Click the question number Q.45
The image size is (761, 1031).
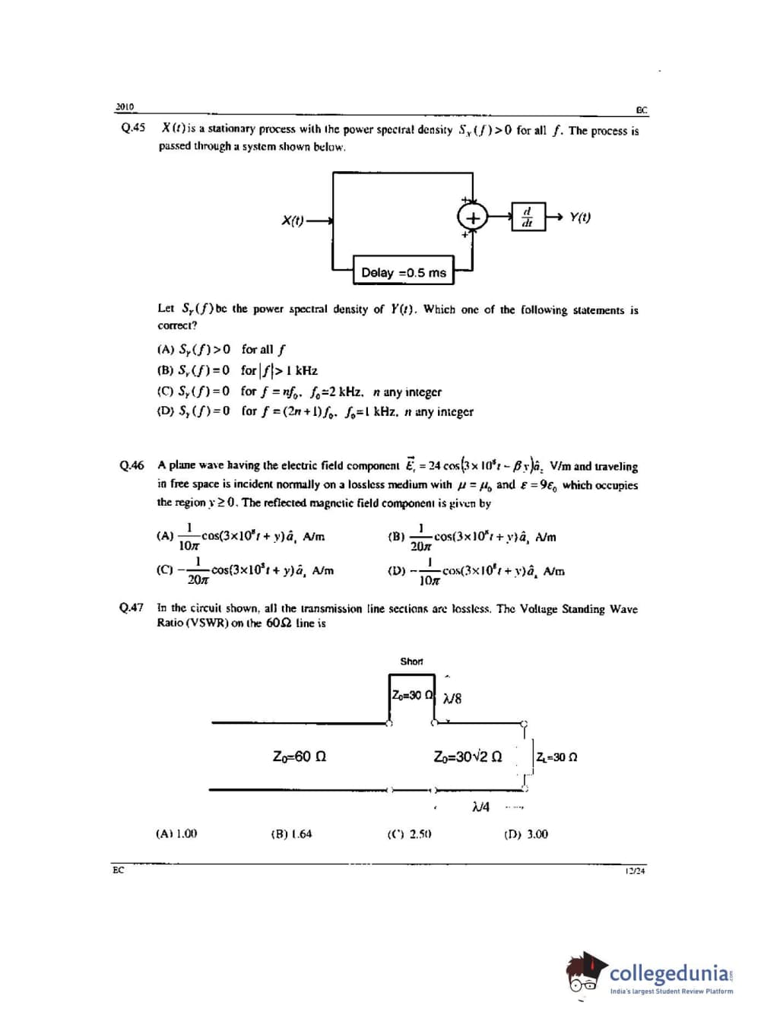[x=133, y=128]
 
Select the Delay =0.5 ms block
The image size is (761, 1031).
[x=403, y=272]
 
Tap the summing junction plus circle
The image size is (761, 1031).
[x=471, y=217]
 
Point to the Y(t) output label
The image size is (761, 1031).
[x=580, y=217]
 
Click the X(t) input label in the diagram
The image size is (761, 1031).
[x=293, y=221]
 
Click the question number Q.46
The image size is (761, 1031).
[x=132, y=465]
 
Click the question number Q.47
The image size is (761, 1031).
[x=132, y=607]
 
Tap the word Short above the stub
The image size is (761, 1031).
[x=411, y=661]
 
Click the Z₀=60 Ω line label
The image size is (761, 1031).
[x=300, y=757]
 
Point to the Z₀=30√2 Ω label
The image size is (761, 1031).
[x=468, y=757]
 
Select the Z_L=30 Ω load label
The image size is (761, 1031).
[x=556, y=757]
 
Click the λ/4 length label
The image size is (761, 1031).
[x=480, y=806]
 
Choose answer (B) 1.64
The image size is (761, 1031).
[x=291, y=834]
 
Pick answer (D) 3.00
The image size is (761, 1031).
[x=525, y=834]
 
